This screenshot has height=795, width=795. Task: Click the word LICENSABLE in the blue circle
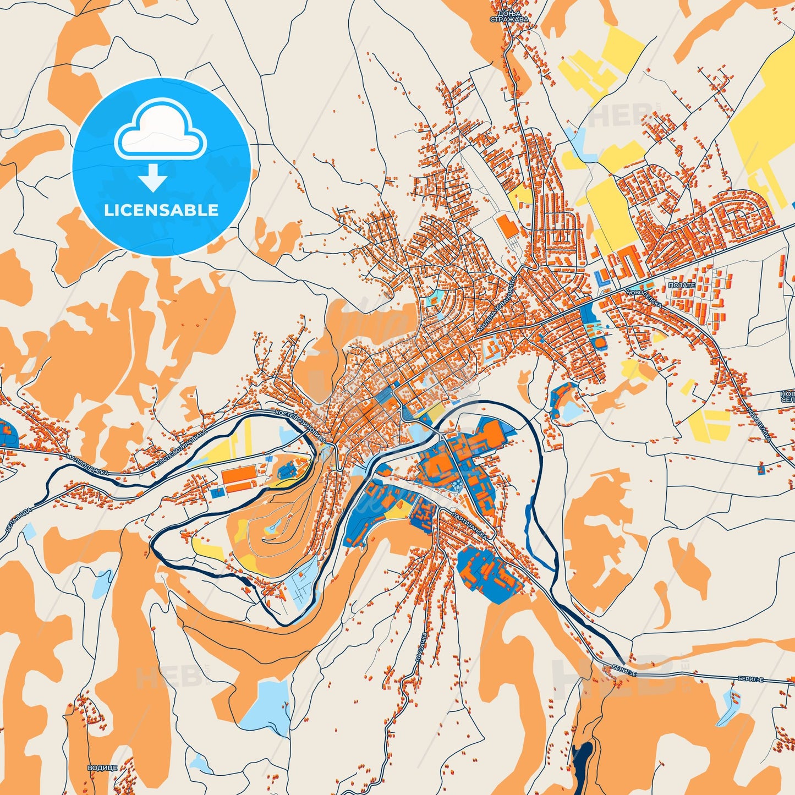(161, 210)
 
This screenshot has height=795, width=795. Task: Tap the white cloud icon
(160, 131)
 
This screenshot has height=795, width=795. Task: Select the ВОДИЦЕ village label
(102, 767)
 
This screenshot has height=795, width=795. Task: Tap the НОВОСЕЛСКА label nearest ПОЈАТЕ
(632, 290)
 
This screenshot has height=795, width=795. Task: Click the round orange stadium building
(599, 343)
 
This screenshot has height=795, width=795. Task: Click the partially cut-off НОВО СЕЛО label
(787, 397)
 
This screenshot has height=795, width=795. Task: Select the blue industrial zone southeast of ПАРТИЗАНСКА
(489, 575)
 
